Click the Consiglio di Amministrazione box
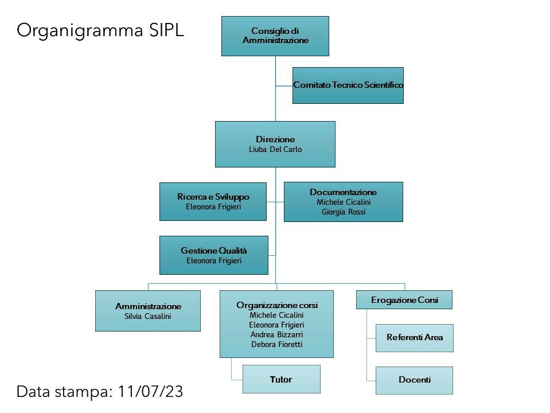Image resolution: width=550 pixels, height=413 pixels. click(x=275, y=36)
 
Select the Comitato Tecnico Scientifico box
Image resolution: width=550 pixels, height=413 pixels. click(x=348, y=85)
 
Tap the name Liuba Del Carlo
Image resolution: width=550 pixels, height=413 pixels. click(x=275, y=150)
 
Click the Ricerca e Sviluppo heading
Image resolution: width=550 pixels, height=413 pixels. click(x=213, y=197)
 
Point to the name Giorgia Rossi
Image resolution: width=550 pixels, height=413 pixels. click(x=344, y=212)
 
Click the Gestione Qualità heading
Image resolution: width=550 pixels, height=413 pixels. click(x=214, y=251)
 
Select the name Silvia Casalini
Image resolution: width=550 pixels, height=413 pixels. click(x=147, y=316)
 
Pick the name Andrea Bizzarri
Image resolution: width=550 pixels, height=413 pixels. click(x=277, y=334)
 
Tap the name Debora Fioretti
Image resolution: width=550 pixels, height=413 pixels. click(x=277, y=344)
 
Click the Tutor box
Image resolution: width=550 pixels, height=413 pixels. click(x=282, y=379)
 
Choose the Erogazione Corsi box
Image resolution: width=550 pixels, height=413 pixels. click(x=404, y=299)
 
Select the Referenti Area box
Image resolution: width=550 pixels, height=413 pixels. click(x=414, y=338)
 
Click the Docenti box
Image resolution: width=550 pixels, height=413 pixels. click(x=414, y=380)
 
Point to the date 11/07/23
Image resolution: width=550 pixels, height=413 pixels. click(x=150, y=391)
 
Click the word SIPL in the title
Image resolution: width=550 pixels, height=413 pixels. click(x=166, y=30)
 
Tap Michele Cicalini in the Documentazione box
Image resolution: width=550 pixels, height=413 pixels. click(x=344, y=202)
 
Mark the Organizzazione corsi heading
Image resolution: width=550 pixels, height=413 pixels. click(x=277, y=305)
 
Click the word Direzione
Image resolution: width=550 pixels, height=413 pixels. click(x=275, y=139)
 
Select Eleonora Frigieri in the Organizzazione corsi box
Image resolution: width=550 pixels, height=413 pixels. click(x=277, y=325)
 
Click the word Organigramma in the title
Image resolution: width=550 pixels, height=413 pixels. click(x=80, y=31)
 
